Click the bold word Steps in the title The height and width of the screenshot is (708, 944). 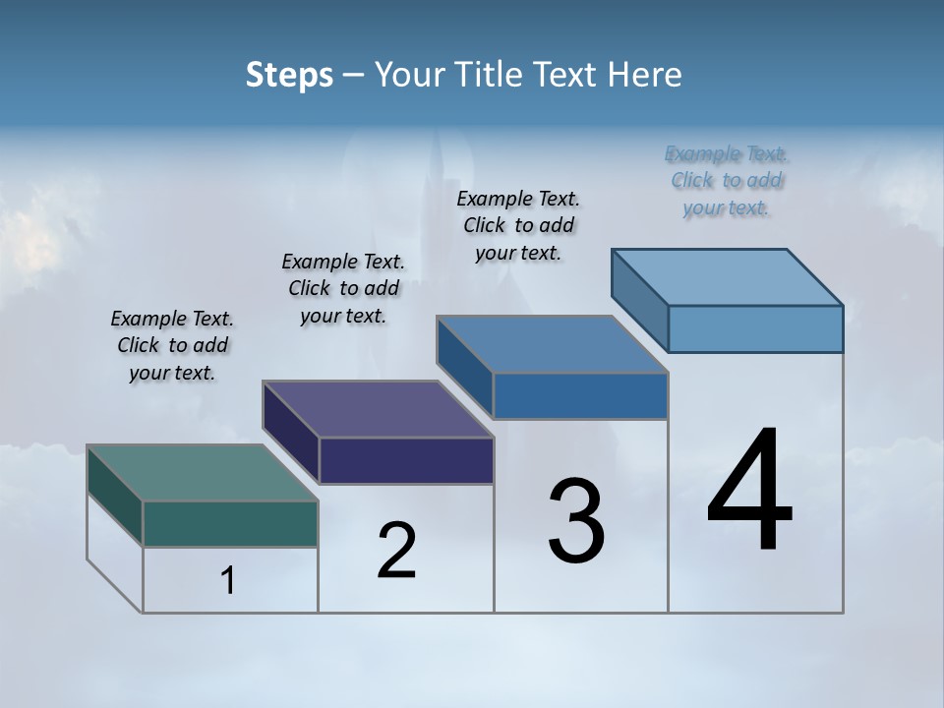tap(289, 75)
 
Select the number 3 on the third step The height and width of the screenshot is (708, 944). tap(576, 521)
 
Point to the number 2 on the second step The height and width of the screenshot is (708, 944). tap(397, 551)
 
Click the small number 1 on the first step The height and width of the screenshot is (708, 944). tap(228, 581)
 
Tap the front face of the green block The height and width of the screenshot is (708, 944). tap(230, 524)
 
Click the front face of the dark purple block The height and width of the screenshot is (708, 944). tap(406, 460)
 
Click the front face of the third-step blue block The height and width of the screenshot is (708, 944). tap(580, 395)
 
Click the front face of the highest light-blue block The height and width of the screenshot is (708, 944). tap(755, 328)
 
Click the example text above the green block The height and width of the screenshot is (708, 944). tap(172, 345)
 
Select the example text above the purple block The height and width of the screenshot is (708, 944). tap(343, 288)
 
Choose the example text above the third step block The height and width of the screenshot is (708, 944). tap(518, 225)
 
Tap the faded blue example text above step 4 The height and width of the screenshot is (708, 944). tap(726, 180)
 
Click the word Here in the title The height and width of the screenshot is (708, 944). tap(647, 75)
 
